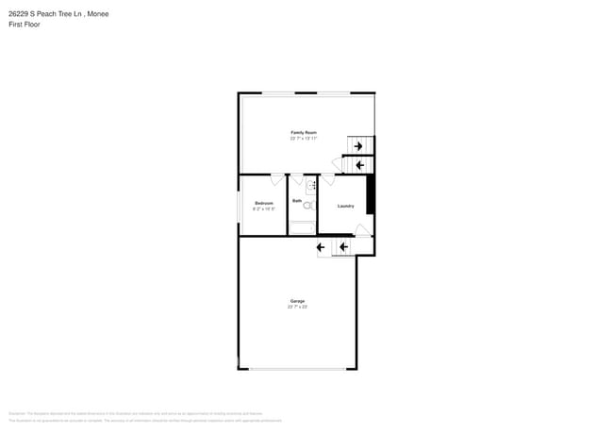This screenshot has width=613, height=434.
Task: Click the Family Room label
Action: coord(304,132)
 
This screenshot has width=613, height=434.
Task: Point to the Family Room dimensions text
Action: coord(304,139)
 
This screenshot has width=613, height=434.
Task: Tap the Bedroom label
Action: coord(264,203)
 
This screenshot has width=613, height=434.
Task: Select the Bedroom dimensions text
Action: coord(264,209)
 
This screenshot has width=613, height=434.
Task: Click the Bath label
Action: coord(297,201)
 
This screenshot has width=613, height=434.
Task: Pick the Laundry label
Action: coord(345,206)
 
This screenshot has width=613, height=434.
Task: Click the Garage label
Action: coord(297,301)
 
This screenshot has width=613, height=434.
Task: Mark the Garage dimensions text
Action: coord(297,307)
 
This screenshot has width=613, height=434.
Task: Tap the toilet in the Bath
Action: coord(307,204)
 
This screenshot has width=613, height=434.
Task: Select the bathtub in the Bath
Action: coord(303,226)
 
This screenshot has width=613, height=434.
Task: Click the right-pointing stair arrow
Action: coord(357,145)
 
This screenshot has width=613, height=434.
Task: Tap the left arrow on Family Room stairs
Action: coord(358,165)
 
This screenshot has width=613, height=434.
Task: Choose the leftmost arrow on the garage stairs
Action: coord(321,247)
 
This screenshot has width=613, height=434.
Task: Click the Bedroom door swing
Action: coord(276,179)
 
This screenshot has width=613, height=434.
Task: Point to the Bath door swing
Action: coord(296,179)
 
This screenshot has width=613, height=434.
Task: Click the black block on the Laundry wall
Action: coord(371,195)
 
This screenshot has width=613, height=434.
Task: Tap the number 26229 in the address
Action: coord(18,13)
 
